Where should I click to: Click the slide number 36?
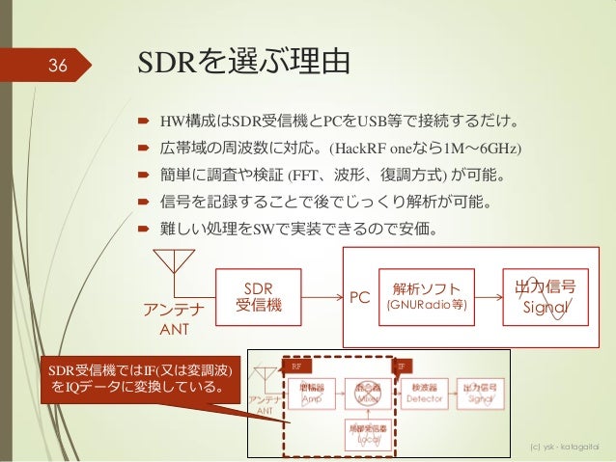[x=57, y=65]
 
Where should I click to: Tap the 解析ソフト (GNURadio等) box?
[x=426, y=295]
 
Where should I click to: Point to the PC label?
[x=360, y=297]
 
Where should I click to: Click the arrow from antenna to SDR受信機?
[x=197, y=296]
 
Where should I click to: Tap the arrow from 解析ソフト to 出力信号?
[x=492, y=295]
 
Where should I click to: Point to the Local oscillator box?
[x=368, y=432]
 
